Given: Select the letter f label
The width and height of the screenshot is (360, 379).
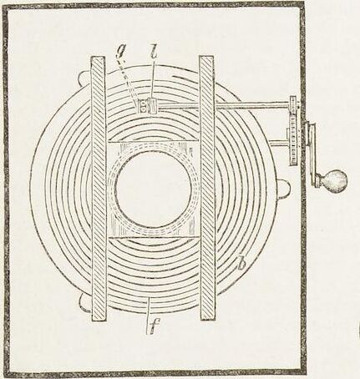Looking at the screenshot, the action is pyautogui.click(x=152, y=326).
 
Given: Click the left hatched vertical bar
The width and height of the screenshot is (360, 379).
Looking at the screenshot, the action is pyautogui.click(x=99, y=189).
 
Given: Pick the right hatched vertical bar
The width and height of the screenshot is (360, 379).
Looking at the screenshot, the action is pyautogui.click(x=207, y=188).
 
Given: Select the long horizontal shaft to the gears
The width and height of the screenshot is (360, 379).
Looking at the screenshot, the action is pyautogui.click(x=225, y=105).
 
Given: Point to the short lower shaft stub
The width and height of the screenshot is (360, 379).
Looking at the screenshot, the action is pyautogui.click(x=278, y=144).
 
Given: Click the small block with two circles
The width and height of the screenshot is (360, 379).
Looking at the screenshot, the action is pyautogui.click(x=143, y=107).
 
